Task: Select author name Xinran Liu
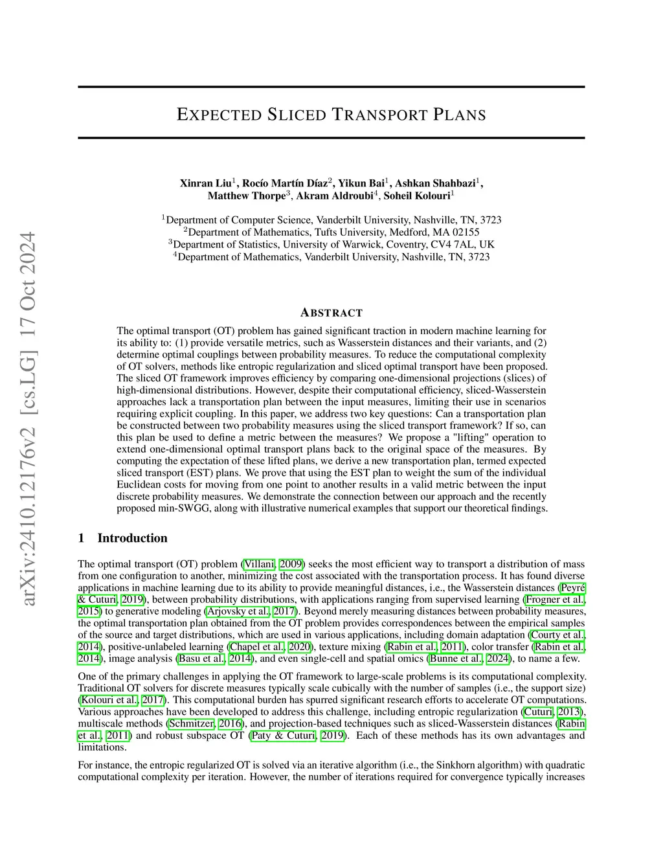coord(206,183)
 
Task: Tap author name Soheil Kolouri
coord(417,196)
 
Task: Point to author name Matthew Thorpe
coord(246,196)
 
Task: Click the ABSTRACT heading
coord(331,313)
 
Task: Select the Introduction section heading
coord(132,538)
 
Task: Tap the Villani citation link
coord(259,564)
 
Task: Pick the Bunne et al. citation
coord(455,659)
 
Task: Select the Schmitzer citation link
coord(191,723)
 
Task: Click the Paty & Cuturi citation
coord(283,735)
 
